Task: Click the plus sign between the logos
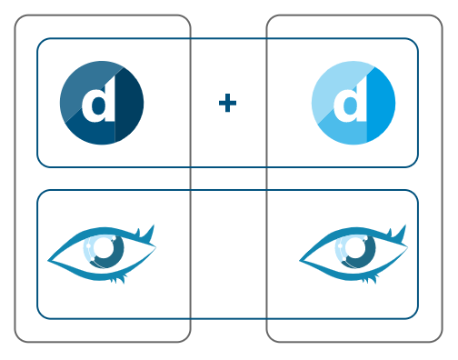coord(227,103)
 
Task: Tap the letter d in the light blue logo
coord(350,103)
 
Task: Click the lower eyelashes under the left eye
coord(118,278)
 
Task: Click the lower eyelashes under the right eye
coord(370,278)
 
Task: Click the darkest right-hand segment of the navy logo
coord(132,107)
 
